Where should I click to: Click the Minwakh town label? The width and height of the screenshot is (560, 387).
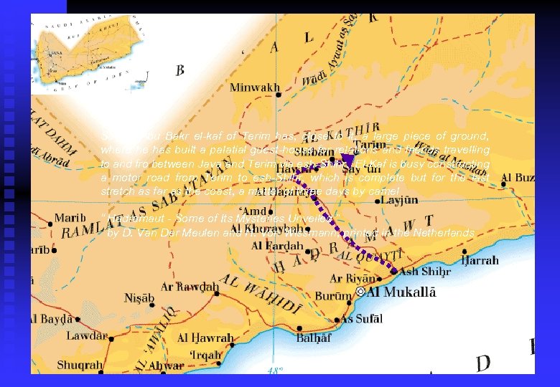pos(255,88)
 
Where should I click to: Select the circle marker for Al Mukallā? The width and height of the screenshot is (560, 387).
pos(360,292)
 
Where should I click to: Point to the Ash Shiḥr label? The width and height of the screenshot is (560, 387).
pos(425,272)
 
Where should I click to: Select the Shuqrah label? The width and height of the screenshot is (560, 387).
pos(80,365)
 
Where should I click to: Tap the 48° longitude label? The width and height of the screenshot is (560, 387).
pos(274,371)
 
